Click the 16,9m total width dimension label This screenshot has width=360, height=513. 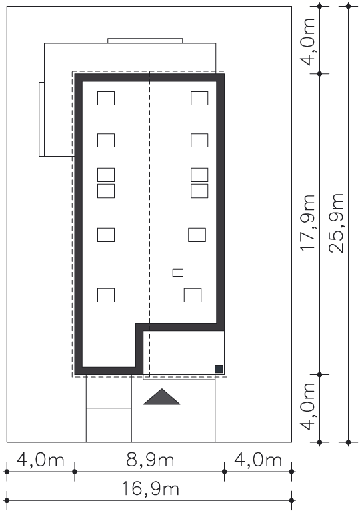coord(150,489)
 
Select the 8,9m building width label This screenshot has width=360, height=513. coord(150,460)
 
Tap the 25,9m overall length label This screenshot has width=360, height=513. coord(337,223)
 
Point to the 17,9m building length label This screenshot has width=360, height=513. coord(308,223)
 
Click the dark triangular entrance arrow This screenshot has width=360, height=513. coord(162,397)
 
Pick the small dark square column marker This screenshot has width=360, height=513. coord(219,369)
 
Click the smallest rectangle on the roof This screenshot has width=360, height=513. coord(178,273)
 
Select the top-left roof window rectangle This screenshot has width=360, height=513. coord(106,98)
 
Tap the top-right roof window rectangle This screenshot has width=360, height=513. coord(199,98)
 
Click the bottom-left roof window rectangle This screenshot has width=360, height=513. coord(106,295)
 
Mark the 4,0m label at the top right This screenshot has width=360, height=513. coord(308,41)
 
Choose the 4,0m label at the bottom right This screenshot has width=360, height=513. coord(308,406)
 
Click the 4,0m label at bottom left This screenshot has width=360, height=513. coord(40,460)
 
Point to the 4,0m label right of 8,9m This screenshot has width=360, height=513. coord(258,460)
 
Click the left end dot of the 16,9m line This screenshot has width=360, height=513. coord(7,500)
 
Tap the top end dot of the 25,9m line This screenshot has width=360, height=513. coord(348,6)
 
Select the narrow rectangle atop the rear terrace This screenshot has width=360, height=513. coord(145,41)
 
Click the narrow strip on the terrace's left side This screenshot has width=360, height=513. coord(41,119)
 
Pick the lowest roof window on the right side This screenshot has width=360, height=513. coord(193,295)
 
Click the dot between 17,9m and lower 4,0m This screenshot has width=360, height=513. coord(320,374)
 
